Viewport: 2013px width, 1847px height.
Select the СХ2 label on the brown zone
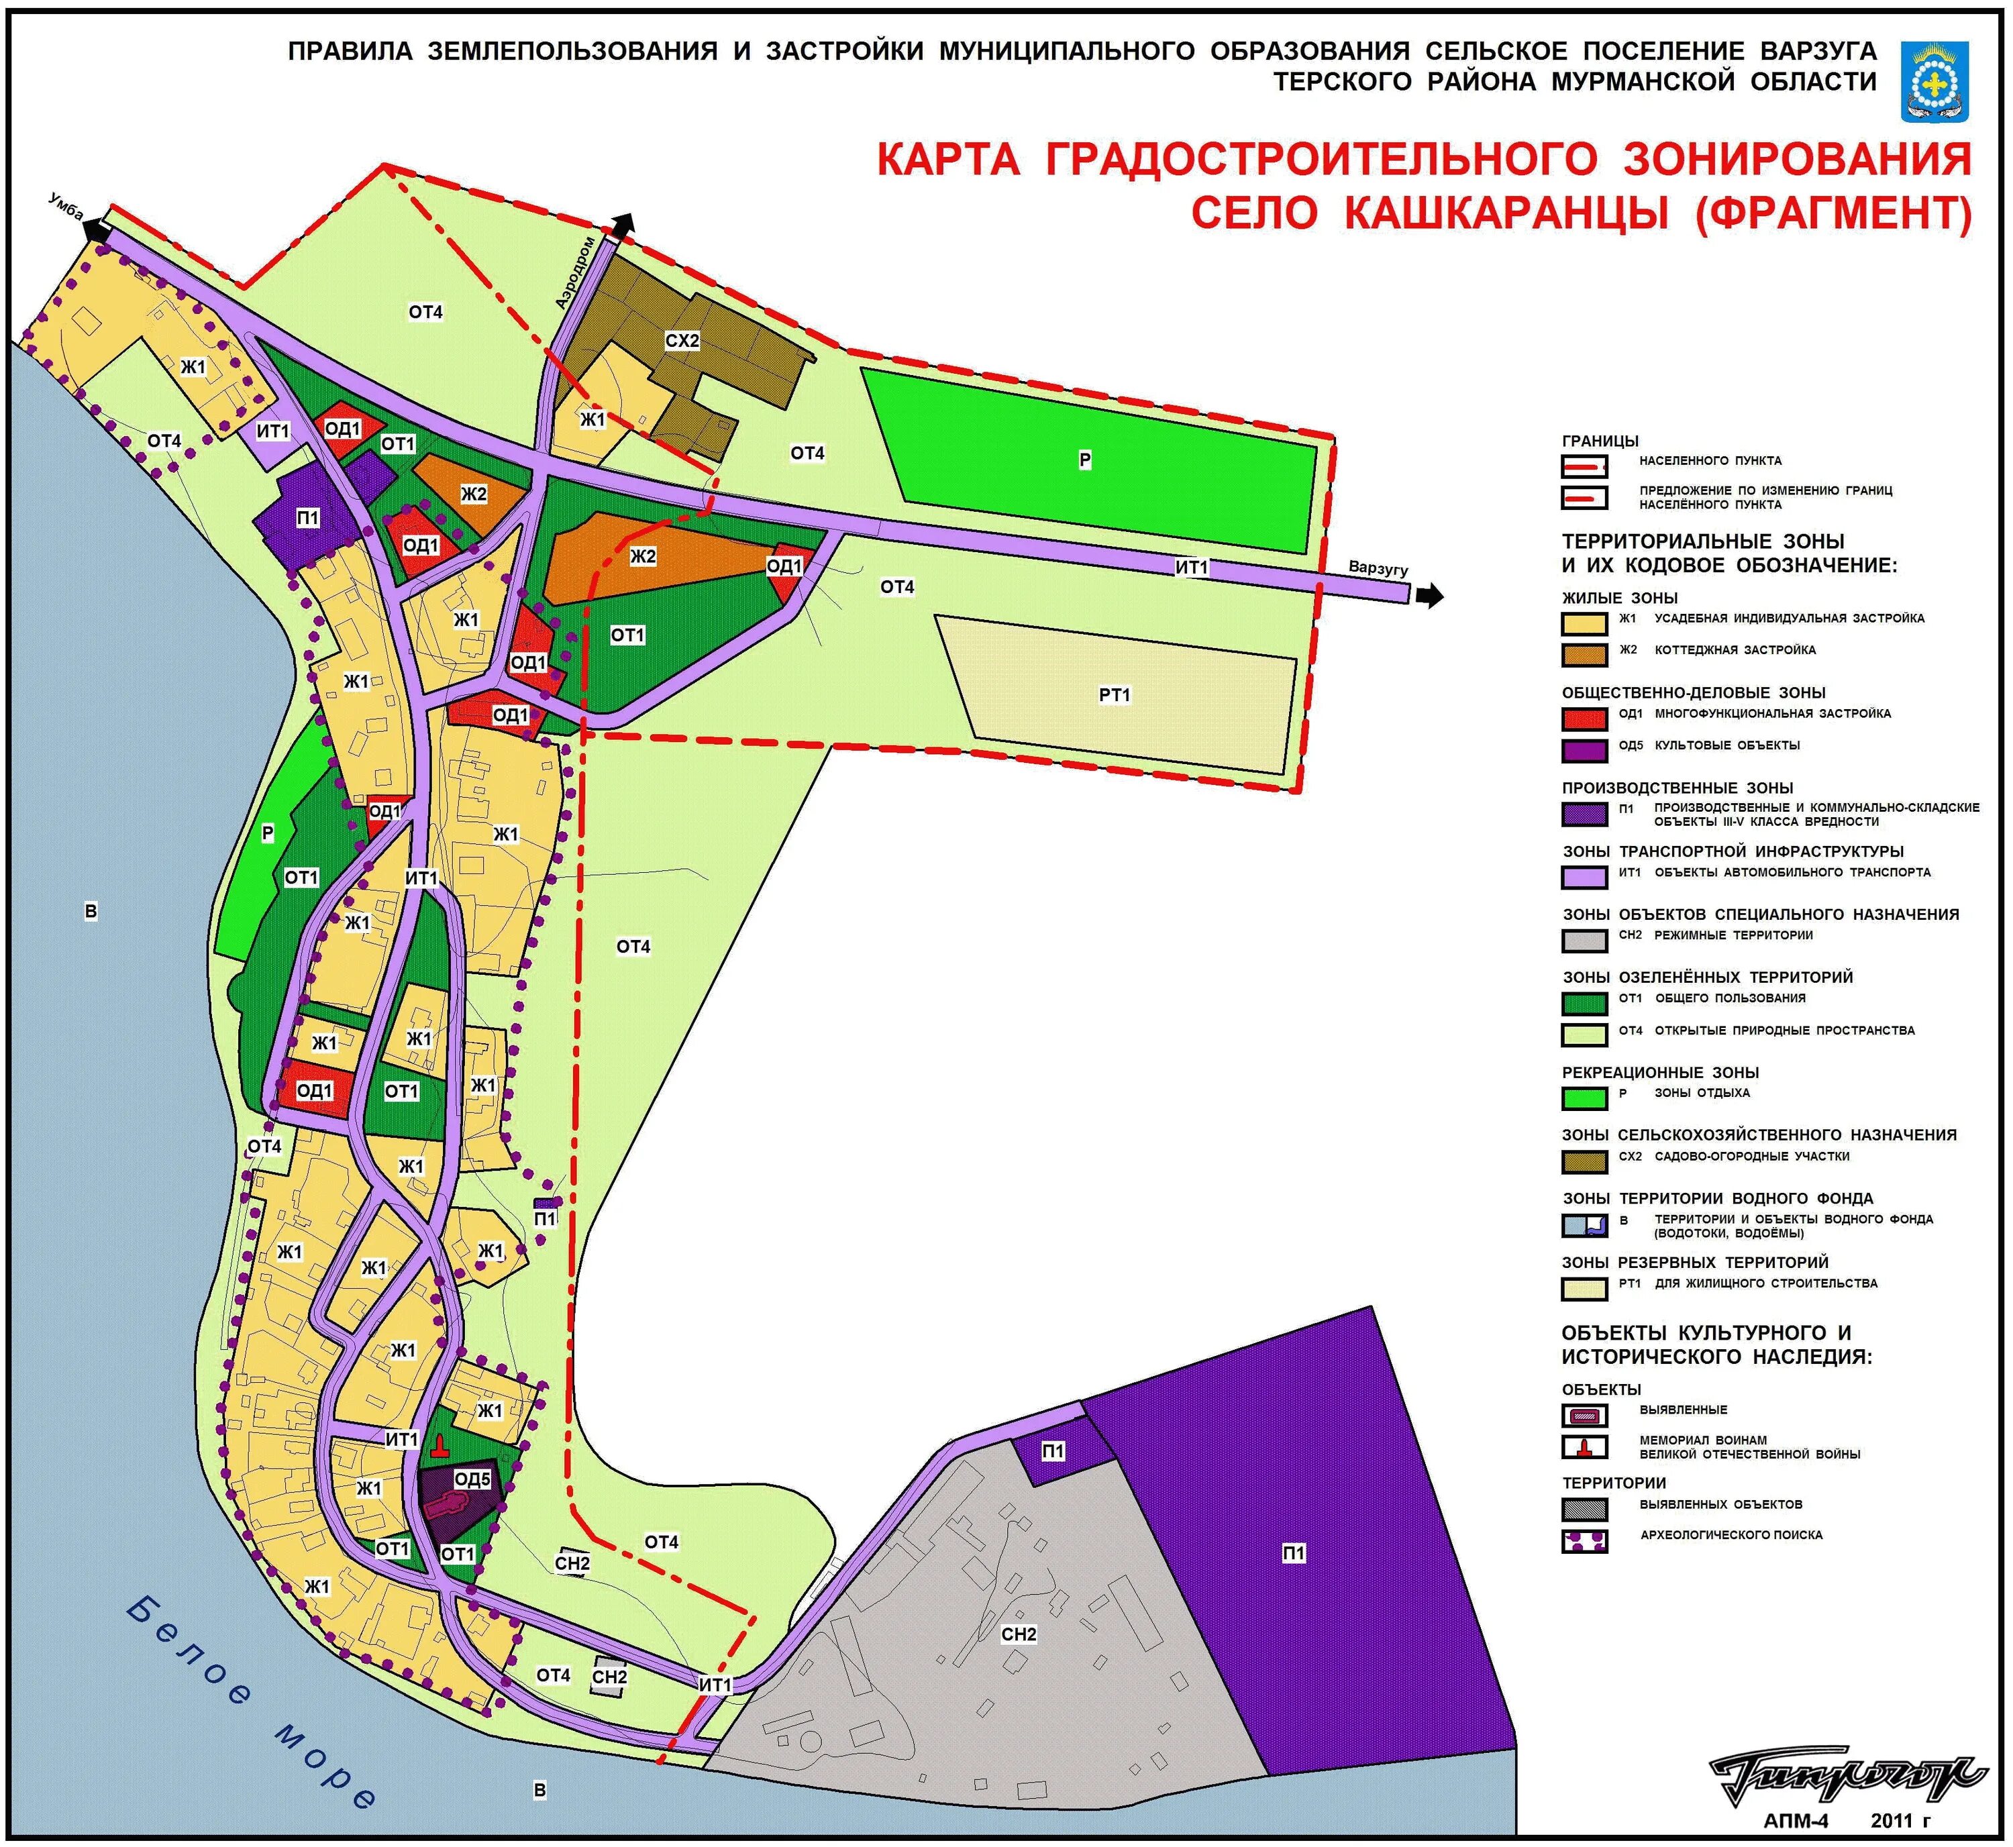pyautogui.click(x=682, y=341)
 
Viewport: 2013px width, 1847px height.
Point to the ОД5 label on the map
pyautogui.click(x=472, y=1478)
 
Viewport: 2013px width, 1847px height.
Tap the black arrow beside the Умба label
pyautogui.click(x=97, y=229)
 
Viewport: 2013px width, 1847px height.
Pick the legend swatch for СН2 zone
pyautogui.click(x=1584, y=939)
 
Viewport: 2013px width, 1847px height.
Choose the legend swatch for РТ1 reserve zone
pyautogui.click(x=1584, y=1288)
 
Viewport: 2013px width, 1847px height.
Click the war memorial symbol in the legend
pyautogui.click(x=1584, y=1447)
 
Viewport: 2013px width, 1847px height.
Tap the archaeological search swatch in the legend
pyautogui.click(x=1584, y=1540)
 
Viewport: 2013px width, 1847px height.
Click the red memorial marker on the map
pyautogui.click(x=440, y=1446)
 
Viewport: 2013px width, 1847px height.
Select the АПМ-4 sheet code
pyautogui.click(x=1795, y=1820)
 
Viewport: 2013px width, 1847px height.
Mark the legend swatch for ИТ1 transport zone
pyautogui.click(x=1584, y=876)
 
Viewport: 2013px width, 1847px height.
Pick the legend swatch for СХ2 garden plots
pyautogui.click(x=1584, y=1161)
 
